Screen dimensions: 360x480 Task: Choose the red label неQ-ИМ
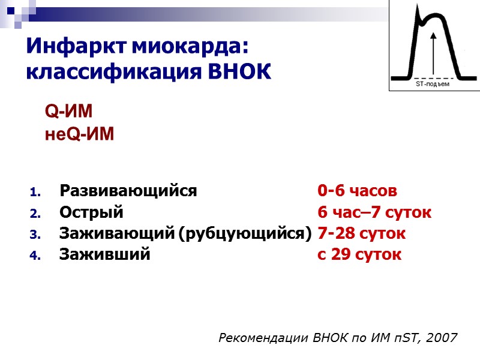(x=79, y=134)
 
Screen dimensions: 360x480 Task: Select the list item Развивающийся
(x=128, y=191)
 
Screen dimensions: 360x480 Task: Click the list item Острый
(x=91, y=212)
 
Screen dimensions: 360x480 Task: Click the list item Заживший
(x=104, y=254)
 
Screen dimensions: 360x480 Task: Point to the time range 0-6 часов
(x=358, y=191)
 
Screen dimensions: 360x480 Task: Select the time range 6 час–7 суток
(x=374, y=212)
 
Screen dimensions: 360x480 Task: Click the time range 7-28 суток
(x=362, y=233)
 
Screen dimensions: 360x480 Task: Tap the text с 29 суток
(x=359, y=254)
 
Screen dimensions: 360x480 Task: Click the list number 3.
(x=34, y=234)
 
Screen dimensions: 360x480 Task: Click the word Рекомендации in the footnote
(x=265, y=338)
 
